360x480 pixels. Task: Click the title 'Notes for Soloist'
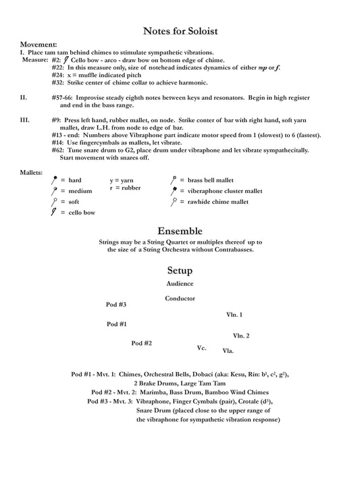click(180, 30)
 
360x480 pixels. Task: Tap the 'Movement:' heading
click(38, 45)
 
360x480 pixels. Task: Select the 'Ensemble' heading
click(180, 230)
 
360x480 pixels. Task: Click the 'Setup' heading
click(180, 270)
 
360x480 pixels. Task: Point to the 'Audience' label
click(180, 284)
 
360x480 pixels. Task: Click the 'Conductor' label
click(180, 298)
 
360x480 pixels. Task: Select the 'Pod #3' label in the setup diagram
click(116, 304)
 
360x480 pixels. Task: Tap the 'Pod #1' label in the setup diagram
click(116, 324)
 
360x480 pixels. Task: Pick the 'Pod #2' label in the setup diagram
click(141, 343)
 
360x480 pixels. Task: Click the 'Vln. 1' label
click(234, 315)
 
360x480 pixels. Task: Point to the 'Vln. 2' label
click(241, 336)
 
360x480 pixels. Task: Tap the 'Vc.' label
click(201, 348)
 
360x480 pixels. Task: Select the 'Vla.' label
click(228, 350)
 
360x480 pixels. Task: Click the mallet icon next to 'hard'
click(54, 180)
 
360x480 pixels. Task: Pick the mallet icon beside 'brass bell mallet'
click(174, 180)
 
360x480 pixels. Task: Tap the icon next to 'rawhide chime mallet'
click(174, 202)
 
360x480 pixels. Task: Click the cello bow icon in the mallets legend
click(53, 213)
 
